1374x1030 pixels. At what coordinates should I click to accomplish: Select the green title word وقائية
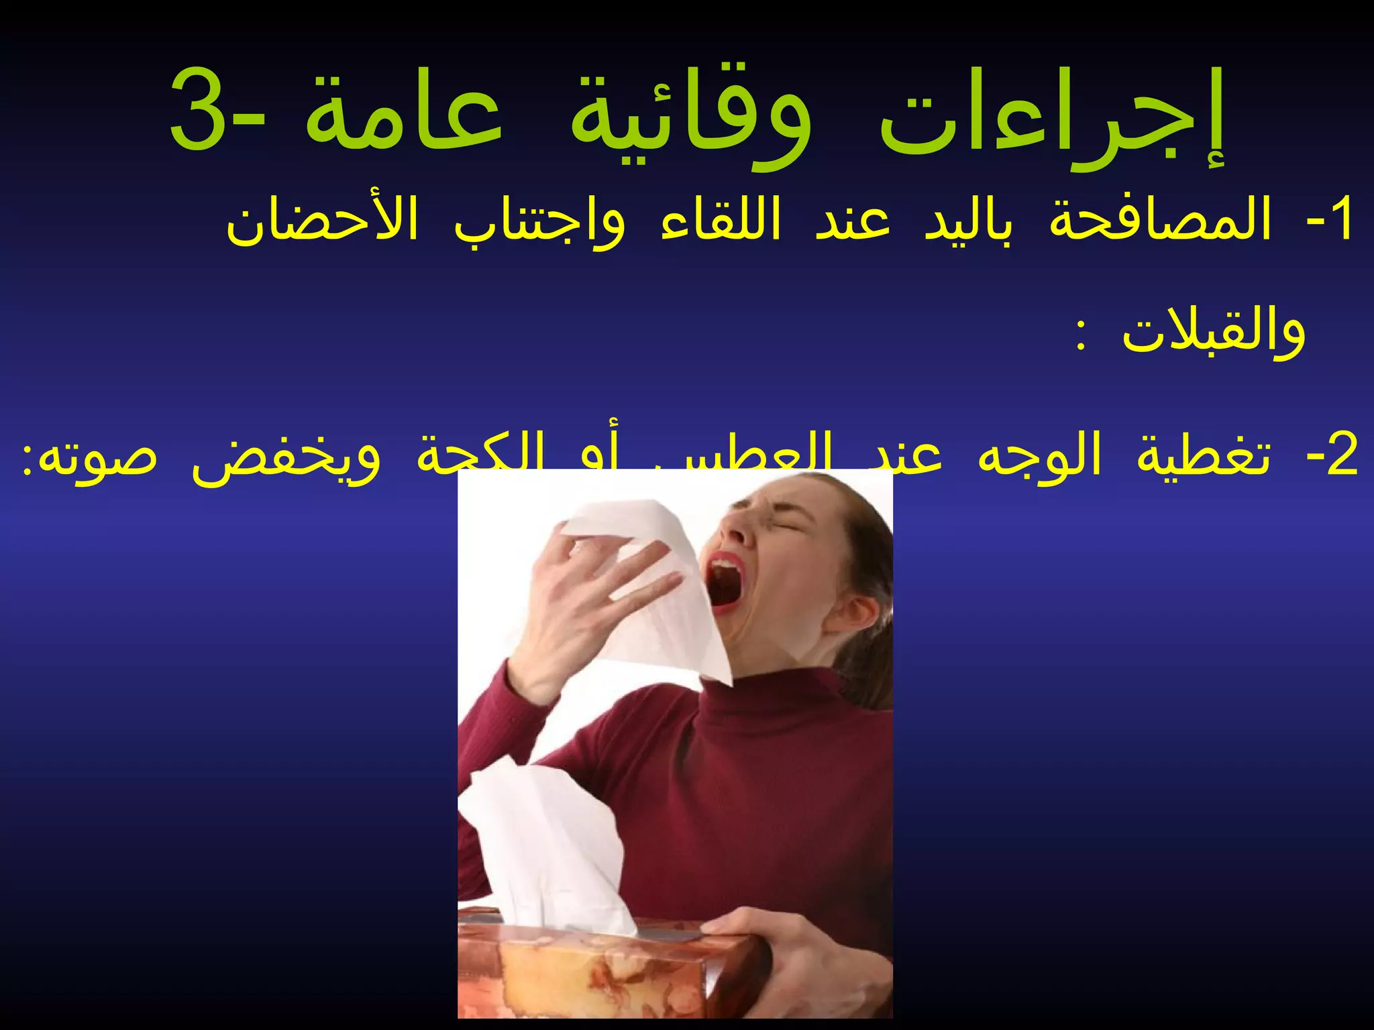click(x=691, y=121)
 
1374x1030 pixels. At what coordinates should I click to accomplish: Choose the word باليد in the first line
click(x=970, y=221)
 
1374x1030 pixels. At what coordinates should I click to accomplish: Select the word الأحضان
click(x=322, y=221)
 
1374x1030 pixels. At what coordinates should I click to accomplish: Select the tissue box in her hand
click(x=604, y=966)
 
